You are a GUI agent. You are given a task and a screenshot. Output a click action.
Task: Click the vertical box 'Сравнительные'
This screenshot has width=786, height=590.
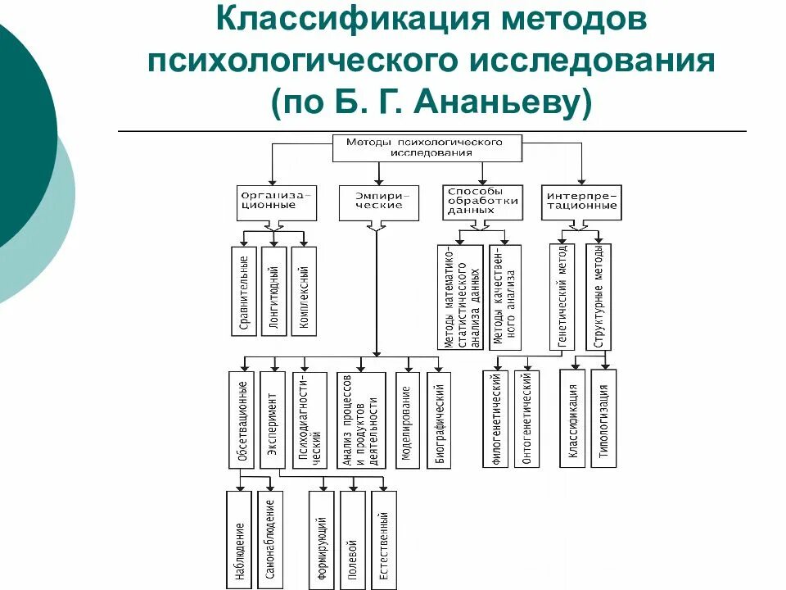pos(243,291)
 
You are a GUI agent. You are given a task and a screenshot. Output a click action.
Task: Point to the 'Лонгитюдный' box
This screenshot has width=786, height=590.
pos(273,291)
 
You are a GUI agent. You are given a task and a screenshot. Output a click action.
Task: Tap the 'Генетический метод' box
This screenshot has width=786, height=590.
pos(562,297)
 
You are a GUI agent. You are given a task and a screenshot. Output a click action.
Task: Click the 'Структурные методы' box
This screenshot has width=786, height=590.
pos(599,297)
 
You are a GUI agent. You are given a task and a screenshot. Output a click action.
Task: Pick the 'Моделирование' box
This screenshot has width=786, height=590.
pos(406,420)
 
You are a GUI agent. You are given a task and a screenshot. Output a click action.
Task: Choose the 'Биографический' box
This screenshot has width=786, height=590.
pos(438,420)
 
